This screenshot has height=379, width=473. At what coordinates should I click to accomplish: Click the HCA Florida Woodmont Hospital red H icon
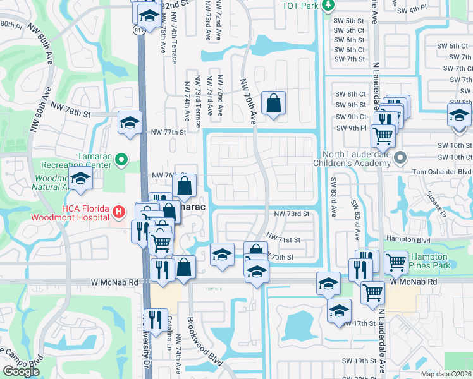[x=117, y=210]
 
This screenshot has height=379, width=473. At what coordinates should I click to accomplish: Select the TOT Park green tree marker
[x=328, y=6]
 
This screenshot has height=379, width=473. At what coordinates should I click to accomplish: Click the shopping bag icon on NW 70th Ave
[x=273, y=103]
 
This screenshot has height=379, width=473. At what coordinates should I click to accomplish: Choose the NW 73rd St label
[x=292, y=214]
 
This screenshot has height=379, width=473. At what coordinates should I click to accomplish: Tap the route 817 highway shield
[x=138, y=30]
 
